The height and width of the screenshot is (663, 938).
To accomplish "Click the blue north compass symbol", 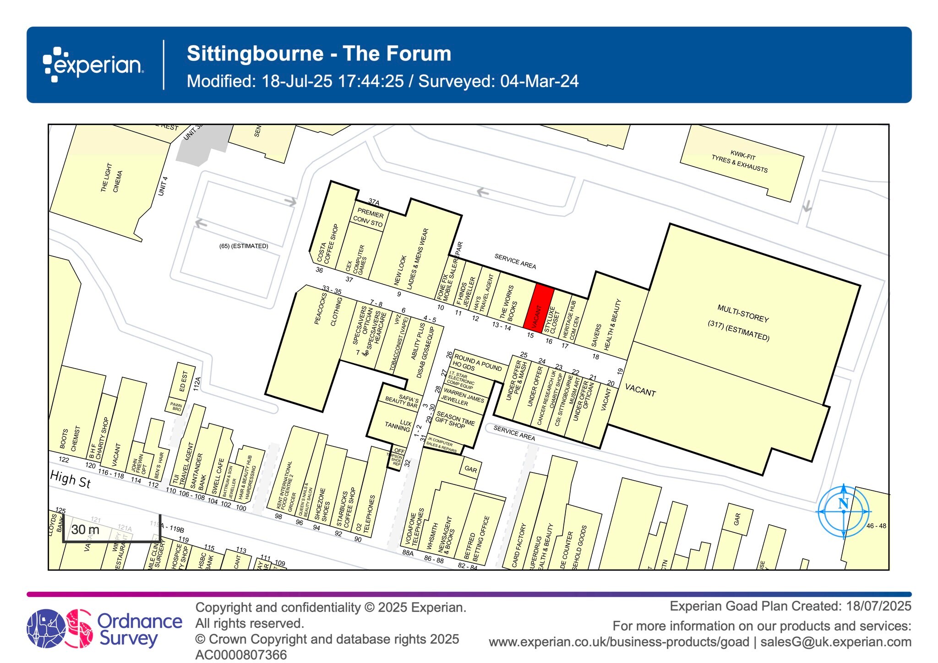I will click(x=844, y=511).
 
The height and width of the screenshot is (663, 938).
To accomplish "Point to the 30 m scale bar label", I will click(x=86, y=530).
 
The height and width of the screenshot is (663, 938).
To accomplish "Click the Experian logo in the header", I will click(x=93, y=65).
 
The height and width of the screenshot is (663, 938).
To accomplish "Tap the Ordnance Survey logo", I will click(x=104, y=629).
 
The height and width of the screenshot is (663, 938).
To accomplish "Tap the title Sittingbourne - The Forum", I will click(x=319, y=54).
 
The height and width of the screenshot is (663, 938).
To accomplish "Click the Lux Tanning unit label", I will click(x=399, y=425).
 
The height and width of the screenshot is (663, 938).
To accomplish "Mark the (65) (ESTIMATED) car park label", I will click(x=244, y=246).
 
